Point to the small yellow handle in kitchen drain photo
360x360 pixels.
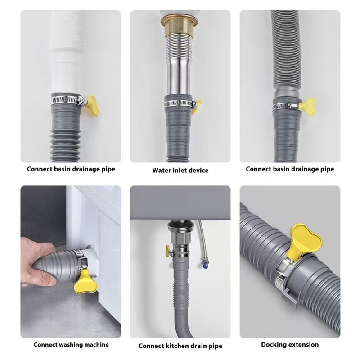[167, 251]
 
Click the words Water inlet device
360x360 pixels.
[180, 170]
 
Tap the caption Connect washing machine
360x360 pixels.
[71, 345]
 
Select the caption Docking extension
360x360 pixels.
[290, 344]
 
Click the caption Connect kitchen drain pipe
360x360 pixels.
[180, 346]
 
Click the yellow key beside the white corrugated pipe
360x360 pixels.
[92, 101]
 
